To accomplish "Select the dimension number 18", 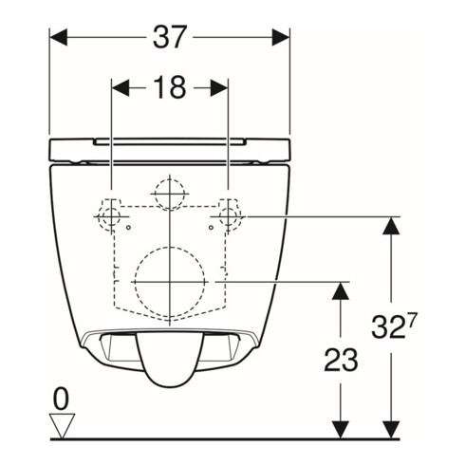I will (169, 87).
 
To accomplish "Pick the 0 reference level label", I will (63, 401).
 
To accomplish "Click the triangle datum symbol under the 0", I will (63, 427).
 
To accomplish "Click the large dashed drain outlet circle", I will (169, 282).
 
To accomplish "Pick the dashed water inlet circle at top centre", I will (169, 195).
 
